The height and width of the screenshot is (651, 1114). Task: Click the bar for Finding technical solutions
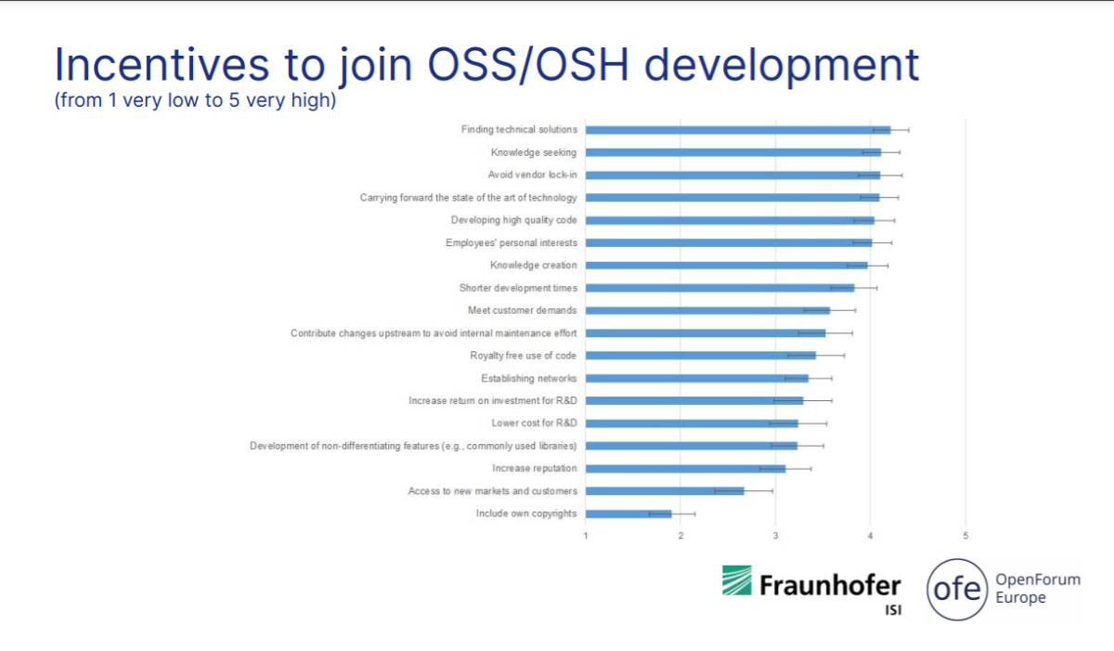tap(738, 130)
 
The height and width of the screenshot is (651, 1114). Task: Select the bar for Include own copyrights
tap(628, 514)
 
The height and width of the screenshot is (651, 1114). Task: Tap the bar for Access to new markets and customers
tap(665, 491)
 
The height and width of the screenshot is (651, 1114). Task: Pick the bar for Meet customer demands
tap(707, 311)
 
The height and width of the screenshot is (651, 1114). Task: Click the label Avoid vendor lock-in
tap(532, 175)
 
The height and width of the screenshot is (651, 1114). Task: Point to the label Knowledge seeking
tap(534, 152)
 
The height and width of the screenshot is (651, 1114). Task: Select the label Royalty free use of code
tap(524, 356)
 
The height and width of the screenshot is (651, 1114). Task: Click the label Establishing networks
tap(528, 379)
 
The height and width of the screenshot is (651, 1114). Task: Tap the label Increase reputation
tap(535, 468)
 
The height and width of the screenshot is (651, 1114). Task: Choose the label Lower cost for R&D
tap(534, 423)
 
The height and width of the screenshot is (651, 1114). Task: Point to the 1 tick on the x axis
tap(586, 536)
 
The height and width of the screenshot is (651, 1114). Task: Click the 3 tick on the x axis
tap(775, 536)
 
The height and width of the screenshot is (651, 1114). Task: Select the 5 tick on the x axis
tap(965, 536)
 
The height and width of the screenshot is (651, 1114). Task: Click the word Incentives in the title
tap(162, 65)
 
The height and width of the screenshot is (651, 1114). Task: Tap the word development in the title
tap(782, 66)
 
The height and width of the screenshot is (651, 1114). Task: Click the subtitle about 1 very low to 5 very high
tap(195, 100)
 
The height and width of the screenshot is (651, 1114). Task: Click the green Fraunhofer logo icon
tap(736, 579)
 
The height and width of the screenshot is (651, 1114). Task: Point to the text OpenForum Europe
tap(1038, 588)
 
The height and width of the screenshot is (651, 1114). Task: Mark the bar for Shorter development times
tap(720, 288)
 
